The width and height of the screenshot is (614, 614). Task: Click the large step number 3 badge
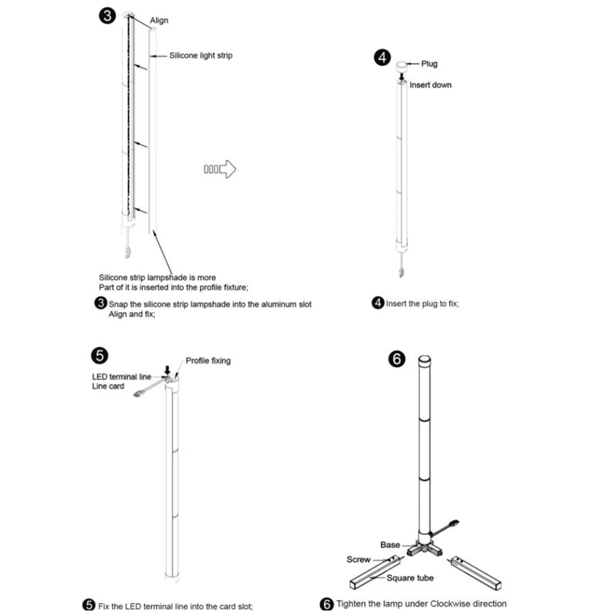click(x=107, y=16)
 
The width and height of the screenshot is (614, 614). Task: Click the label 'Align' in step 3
click(x=159, y=20)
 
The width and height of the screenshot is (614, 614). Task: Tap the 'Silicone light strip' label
click(x=201, y=55)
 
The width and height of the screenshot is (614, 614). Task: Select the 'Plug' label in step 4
click(x=429, y=64)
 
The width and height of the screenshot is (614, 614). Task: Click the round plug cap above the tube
click(x=402, y=64)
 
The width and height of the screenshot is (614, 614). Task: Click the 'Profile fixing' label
click(x=208, y=361)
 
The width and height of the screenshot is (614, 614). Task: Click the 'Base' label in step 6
click(x=390, y=545)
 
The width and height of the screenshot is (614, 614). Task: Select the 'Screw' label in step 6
click(x=359, y=559)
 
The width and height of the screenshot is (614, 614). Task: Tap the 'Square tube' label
click(x=410, y=578)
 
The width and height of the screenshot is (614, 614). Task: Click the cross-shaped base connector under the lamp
click(x=426, y=548)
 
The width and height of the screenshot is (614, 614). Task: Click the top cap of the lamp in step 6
click(x=424, y=360)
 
